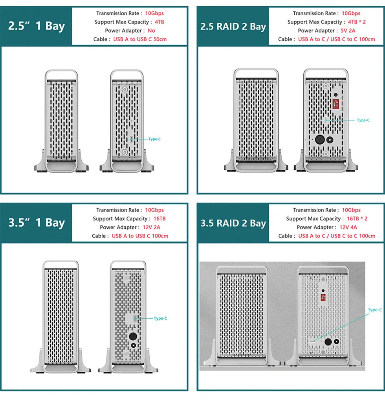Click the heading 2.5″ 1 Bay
coord(37,26)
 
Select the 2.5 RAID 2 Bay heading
coord(233,26)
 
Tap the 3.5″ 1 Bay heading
coord(37,222)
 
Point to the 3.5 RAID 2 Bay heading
coord(233,223)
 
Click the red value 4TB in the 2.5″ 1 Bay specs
coord(159,22)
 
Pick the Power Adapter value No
coord(151,31)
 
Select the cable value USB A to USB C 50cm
coord(140,39)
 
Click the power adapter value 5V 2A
coord(348,31)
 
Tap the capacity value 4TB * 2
coord(357,22)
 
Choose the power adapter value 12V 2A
coord(151,227)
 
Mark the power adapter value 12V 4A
coord(348,227)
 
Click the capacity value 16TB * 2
coord(357,219)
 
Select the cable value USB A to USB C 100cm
coord(140,236)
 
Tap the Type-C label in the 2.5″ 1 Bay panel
coord(154,139)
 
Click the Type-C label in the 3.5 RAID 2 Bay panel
coord(375,310)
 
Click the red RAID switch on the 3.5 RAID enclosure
coord(323,297)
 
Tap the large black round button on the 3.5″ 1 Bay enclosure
coord(133,336)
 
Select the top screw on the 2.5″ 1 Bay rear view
coord(125,90)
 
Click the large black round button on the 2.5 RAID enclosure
coord(320,140)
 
